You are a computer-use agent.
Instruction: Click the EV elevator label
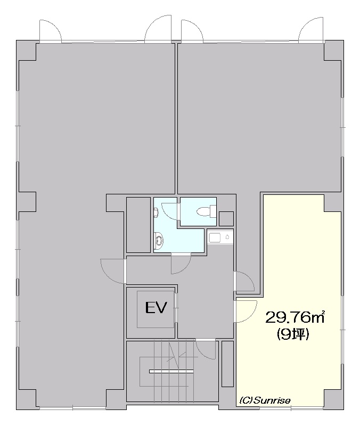(x=156, y=308)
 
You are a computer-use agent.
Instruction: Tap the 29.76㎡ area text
(x=295, y=317)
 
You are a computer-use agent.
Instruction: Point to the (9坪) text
(x=293, y=334)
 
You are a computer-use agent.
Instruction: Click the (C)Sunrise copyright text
(x=265, y=400)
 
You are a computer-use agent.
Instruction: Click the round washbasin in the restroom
(x=159, y=240)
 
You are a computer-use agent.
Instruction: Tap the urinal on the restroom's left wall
(x=156, y=212)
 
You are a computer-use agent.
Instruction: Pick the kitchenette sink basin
(x=215, y=237)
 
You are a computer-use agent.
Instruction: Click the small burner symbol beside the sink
(x=227, y=237)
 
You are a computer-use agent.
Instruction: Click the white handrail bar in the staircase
(x=171, y=371)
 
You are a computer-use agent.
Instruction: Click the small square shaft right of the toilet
(x=226, y=218)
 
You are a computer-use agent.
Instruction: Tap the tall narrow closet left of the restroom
(x=138, y=225)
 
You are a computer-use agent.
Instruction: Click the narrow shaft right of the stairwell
(x=228, y=364)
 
